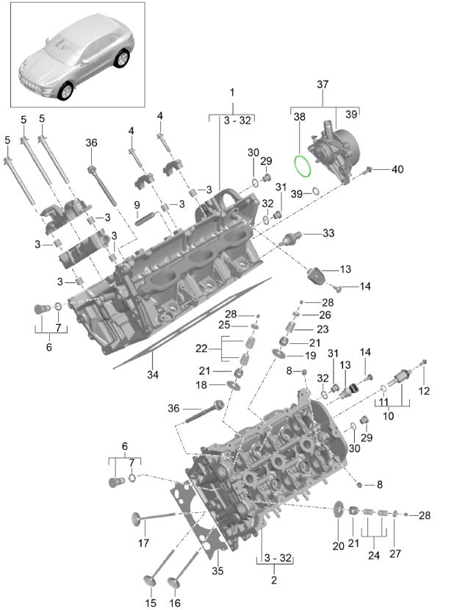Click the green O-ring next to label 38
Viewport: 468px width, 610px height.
[x=303, y=166]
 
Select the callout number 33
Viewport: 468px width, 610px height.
[x=328, y=233]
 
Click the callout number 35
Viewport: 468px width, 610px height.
[x=217, y=570]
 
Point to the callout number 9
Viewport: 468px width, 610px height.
[x=136, y=204]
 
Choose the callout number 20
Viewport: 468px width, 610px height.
[x=338, y=545]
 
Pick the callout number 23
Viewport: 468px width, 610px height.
[x=322, y=329]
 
